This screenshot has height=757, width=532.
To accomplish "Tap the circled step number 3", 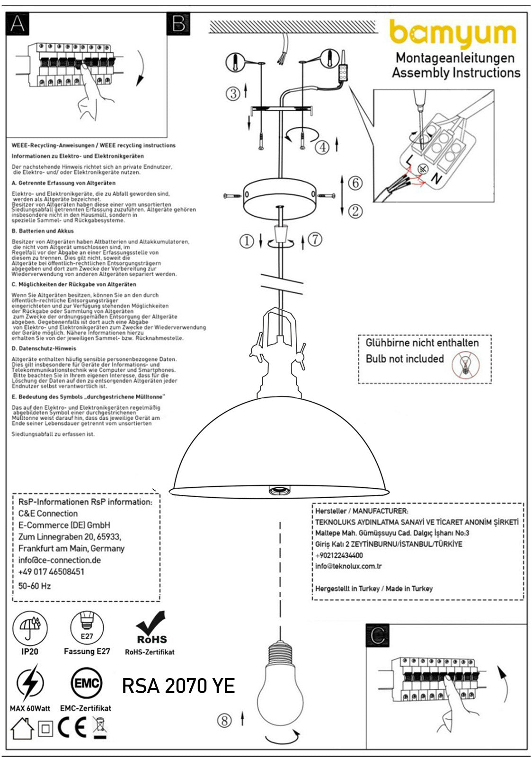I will [x=233, y=93].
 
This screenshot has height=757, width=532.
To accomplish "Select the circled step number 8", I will [x=224, y=721].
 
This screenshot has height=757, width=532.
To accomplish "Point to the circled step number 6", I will [x=355, y=183].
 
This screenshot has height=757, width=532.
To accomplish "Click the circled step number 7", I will [x=315, y=239].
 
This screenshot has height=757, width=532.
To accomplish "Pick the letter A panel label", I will [x=18, y=24].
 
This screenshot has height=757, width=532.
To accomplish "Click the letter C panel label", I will [x=378, y=635].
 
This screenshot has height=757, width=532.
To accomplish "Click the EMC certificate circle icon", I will [x=86, y=683].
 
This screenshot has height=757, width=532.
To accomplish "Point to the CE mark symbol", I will [x=72, y=728].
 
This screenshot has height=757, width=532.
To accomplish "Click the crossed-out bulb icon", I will [x=465, y=365].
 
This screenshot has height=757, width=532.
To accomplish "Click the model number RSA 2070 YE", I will [x=178, y=686].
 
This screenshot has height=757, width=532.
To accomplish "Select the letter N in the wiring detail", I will [x=436, y=178].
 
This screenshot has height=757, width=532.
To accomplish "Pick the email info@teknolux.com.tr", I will [x=348, y=566].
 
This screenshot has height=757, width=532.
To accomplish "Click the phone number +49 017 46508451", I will [x=51, y=572].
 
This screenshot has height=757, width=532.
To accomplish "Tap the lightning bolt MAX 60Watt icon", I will [x=30, y=683].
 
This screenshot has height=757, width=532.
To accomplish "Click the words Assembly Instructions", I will [x=456, y=73].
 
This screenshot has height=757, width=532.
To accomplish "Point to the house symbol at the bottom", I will [x=22, y=729].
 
